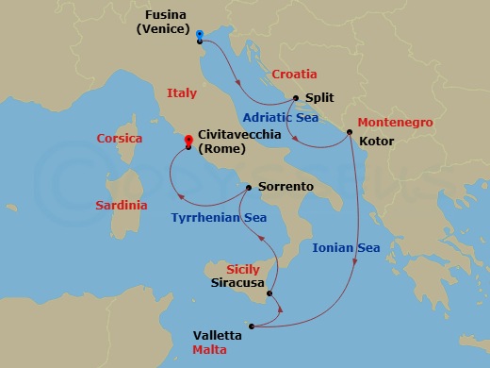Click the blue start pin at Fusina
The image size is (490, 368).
[201, 34]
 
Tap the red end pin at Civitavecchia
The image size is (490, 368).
[189, 138]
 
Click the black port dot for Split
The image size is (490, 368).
[296, 98]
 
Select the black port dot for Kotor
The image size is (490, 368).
[350, 131]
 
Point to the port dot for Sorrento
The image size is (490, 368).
[249, 187]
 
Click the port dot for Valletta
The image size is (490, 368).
[253, 327]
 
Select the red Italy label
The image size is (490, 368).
[181, 93]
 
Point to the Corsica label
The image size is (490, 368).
[120, 139]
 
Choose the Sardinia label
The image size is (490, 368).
[121, 205]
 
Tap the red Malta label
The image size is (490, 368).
[208, 349]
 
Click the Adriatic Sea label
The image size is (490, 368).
[279, 118]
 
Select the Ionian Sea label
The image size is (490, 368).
[346, 247]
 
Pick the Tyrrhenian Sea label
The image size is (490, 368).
[218, 218]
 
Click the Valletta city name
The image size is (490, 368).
[216, 335]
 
